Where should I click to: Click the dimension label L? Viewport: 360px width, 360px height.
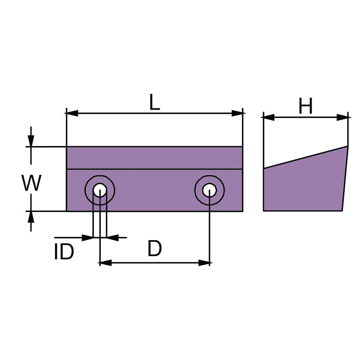[x=154, y=102]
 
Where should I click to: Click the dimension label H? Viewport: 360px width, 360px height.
[x=305, y=106]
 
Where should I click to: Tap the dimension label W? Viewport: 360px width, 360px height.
[x=31, y=182]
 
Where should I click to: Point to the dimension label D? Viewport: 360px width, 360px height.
[x=154, y=248]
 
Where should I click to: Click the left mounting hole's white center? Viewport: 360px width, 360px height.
[x=100, y=190]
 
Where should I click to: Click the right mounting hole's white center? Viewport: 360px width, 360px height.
[x=209, y=190]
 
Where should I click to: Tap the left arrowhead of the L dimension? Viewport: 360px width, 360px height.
[x=72, y=113]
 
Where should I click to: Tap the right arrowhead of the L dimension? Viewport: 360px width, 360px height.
[x=237, y=113]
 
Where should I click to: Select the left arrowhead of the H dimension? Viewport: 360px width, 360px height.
[x=269, y=117]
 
